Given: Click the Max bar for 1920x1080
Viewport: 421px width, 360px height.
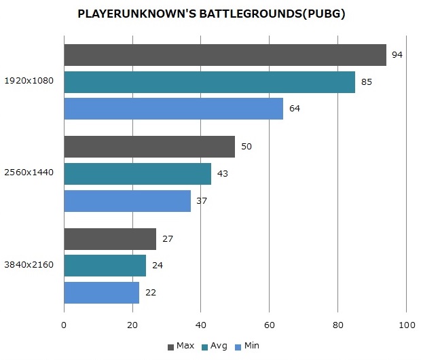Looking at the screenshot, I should click(x=225, y=55).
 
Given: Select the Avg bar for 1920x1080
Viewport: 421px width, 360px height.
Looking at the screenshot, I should click(x=209, y=82).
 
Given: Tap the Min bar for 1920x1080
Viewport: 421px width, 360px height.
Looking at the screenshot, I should click(x=173, y=109).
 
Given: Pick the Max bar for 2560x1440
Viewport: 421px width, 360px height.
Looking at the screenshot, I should click(x=149, y=147).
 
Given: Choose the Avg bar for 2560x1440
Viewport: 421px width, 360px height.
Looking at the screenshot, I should click(x=137, y=174).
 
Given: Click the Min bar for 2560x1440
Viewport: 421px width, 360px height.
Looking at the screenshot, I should click(x=127, y=201).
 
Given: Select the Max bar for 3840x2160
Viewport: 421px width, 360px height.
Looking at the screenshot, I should click(x=110, y=239).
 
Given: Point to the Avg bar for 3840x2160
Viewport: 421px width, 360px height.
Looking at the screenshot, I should click(x=105, y=266).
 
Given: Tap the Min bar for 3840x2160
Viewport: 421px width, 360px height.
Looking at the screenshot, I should click(x=101, y=293).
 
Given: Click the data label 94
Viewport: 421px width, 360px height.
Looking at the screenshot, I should click(x=398, y=55).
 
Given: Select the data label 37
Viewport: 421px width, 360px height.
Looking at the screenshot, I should click(x=202, y=201).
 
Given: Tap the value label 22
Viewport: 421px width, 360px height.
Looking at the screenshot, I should click(x=151, y=293).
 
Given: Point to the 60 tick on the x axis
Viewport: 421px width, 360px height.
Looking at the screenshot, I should click(x=269, y=325).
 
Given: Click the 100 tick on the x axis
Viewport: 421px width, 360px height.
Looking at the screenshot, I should click(x=406, y=325).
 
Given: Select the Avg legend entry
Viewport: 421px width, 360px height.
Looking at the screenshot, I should click(x=215, y=346).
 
